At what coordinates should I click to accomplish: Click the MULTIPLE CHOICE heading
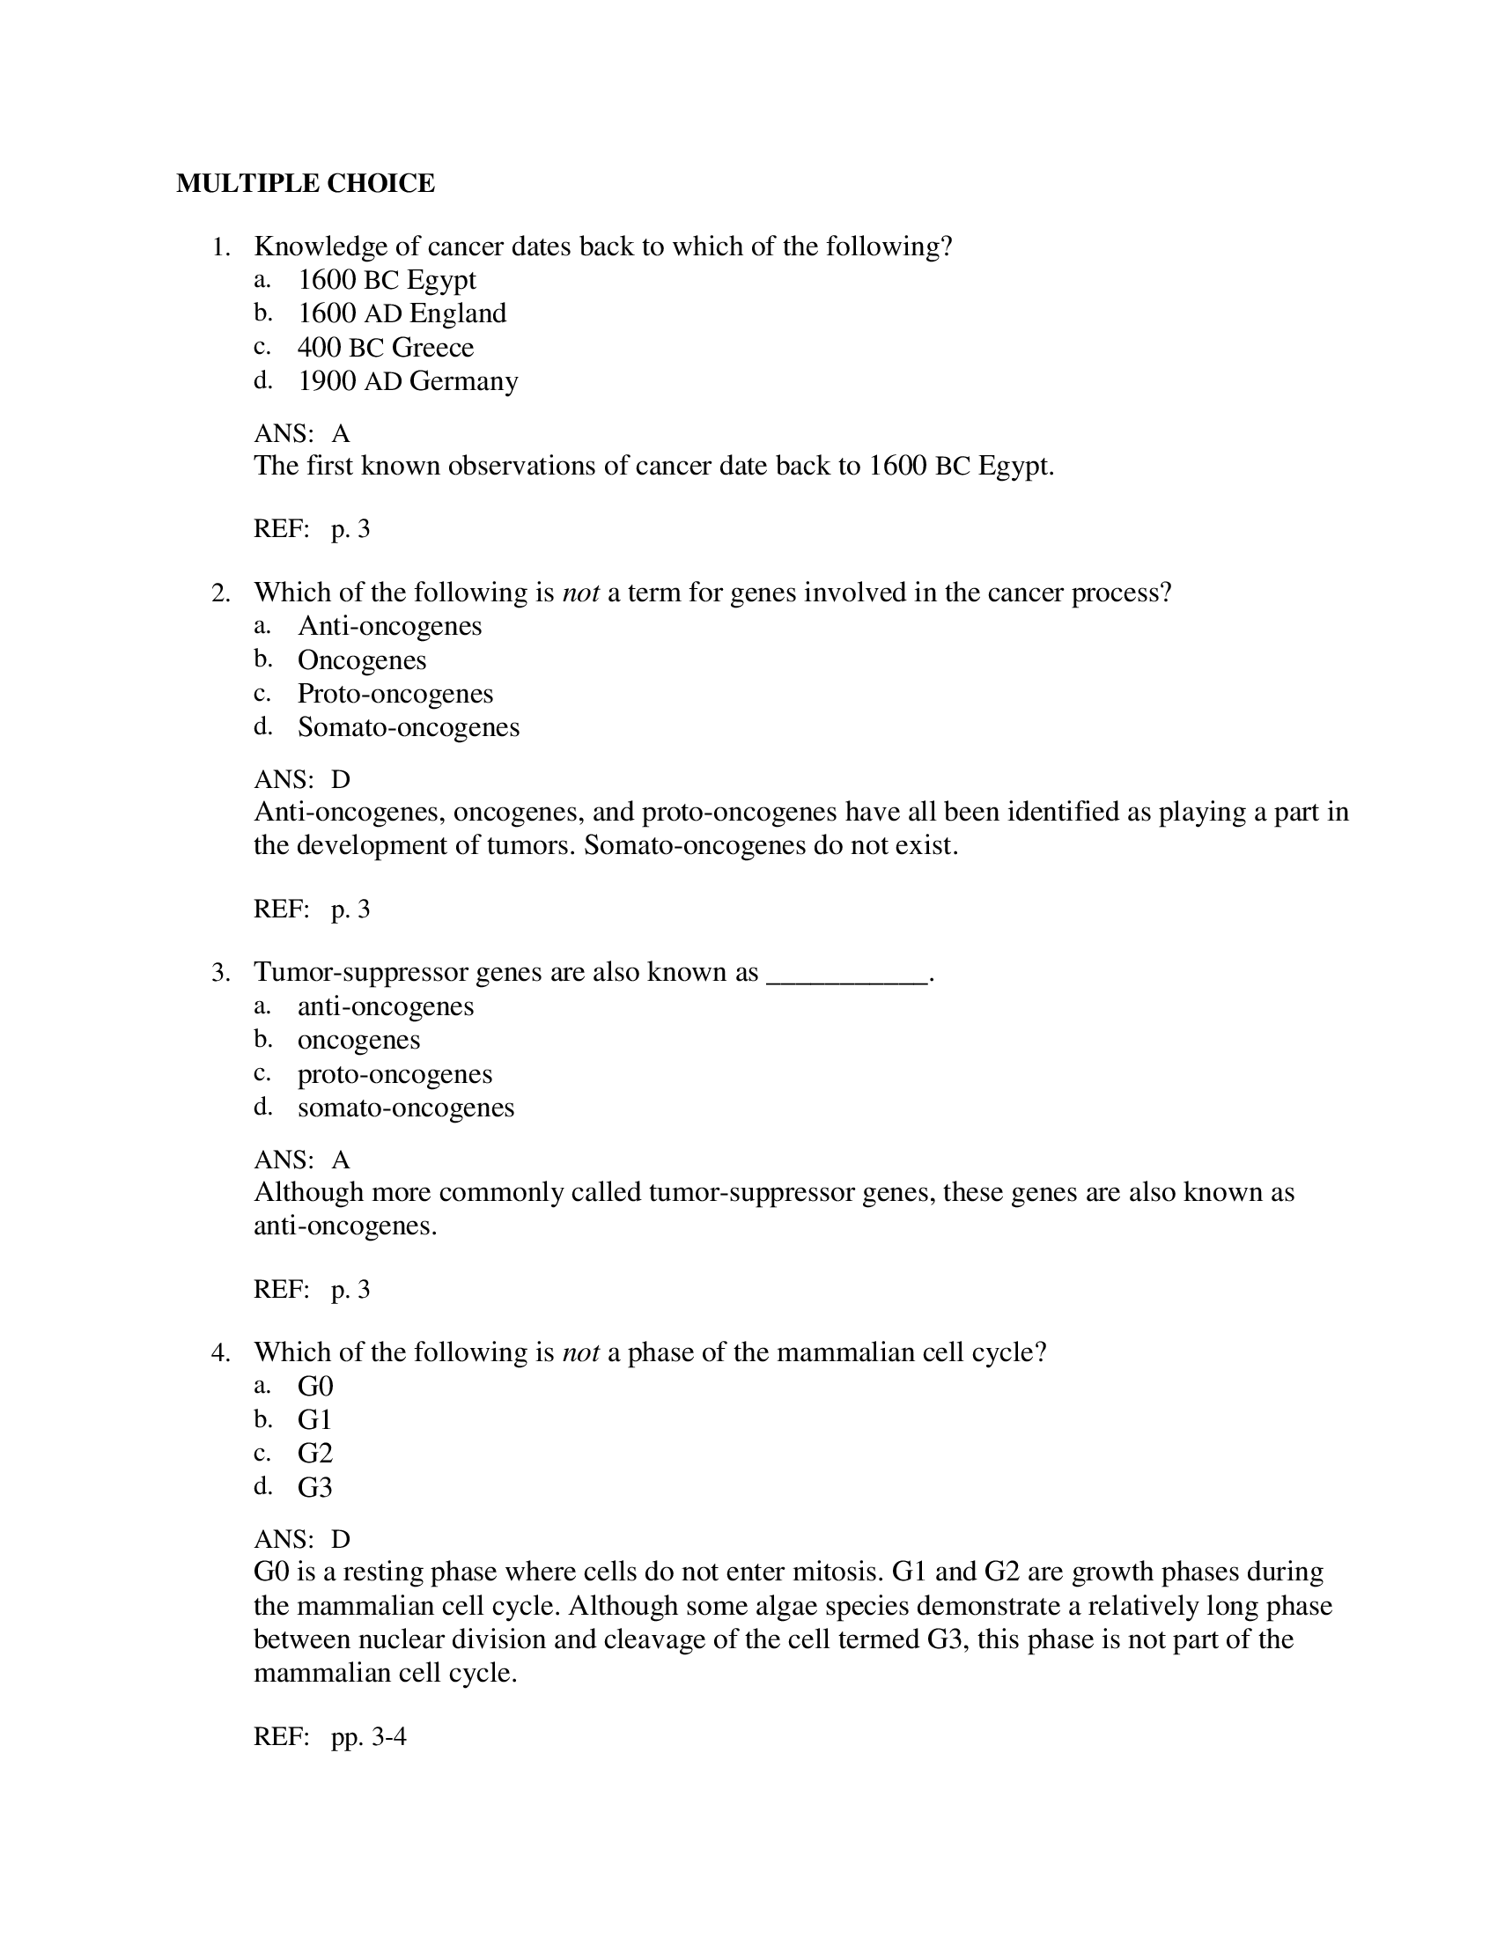pyautogui.click(x=305, y=184)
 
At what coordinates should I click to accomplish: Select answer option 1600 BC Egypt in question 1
pyautogui.click(x=386, y=280)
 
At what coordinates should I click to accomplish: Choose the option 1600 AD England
pyautogui.click(x=401, y=314)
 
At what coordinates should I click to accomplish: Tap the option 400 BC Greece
pyautogui.click(x=385, y=348)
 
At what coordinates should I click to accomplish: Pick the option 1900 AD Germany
pyautogui.click(x=407, y=381)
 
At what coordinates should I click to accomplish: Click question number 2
pyautogui.click(x=221, y=593)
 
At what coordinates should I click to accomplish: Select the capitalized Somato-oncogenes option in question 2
pyautogui.click(x=408, y=727)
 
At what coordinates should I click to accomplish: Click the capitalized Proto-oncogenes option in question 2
pyautogui.click(x=395, y=694)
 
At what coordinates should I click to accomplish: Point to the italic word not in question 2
pyautogui.click(x=581, y=593)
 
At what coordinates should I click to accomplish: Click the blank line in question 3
pyautogui.click(x=846, y=974)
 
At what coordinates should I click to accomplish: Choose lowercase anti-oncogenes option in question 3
pyautogui.click(x=385, y=1006)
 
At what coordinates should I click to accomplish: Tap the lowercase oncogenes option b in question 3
pyautogui.click(x=358, y=1041)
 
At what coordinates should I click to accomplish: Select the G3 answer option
pyautogui.click(x=315, y=1487)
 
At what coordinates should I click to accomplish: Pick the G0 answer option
pyautogui.click(x=315, y=1386)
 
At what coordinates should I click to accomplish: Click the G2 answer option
pyautogui.click(x=315, y=1454)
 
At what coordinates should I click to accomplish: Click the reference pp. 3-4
pyautogui.click(x=368, y=1736)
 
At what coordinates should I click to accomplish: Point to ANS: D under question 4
pyautogui.click(x=301, y=1539)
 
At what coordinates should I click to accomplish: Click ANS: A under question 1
pyautogui.click(x=301, y=434)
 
